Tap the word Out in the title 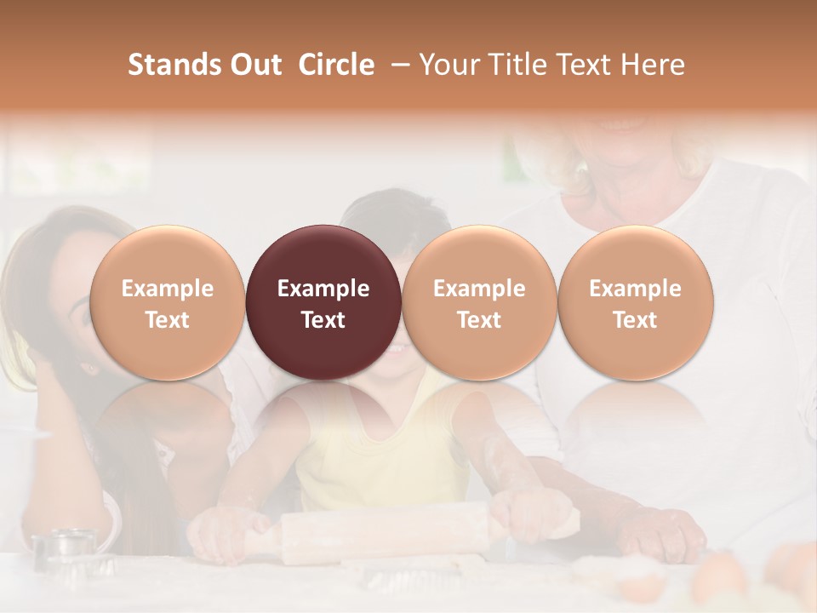(x=255, y=65)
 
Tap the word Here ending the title (x=652, y=65)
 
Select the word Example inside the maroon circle (x=323, y=289)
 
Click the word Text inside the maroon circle (x=323, y=320)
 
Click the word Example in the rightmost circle (x=636, y=289)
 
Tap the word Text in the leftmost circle (x=167, y=320)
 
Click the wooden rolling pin (x=383, y=532)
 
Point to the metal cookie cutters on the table (x=66, y=549)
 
